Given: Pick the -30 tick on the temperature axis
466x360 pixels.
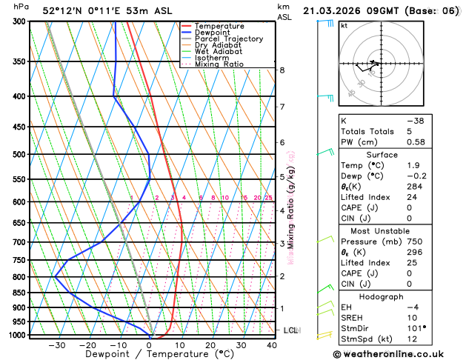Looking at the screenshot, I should point(57,344).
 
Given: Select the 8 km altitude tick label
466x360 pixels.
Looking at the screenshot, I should point(282,70).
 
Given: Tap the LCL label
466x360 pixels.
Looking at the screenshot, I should point(290,330).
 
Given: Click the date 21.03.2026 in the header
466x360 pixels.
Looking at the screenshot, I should point(333,10).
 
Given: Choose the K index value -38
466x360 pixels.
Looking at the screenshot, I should point(415,121).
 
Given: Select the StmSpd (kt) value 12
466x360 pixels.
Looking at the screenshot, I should point(411,339).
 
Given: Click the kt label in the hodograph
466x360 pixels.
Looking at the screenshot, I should point(344,25).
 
